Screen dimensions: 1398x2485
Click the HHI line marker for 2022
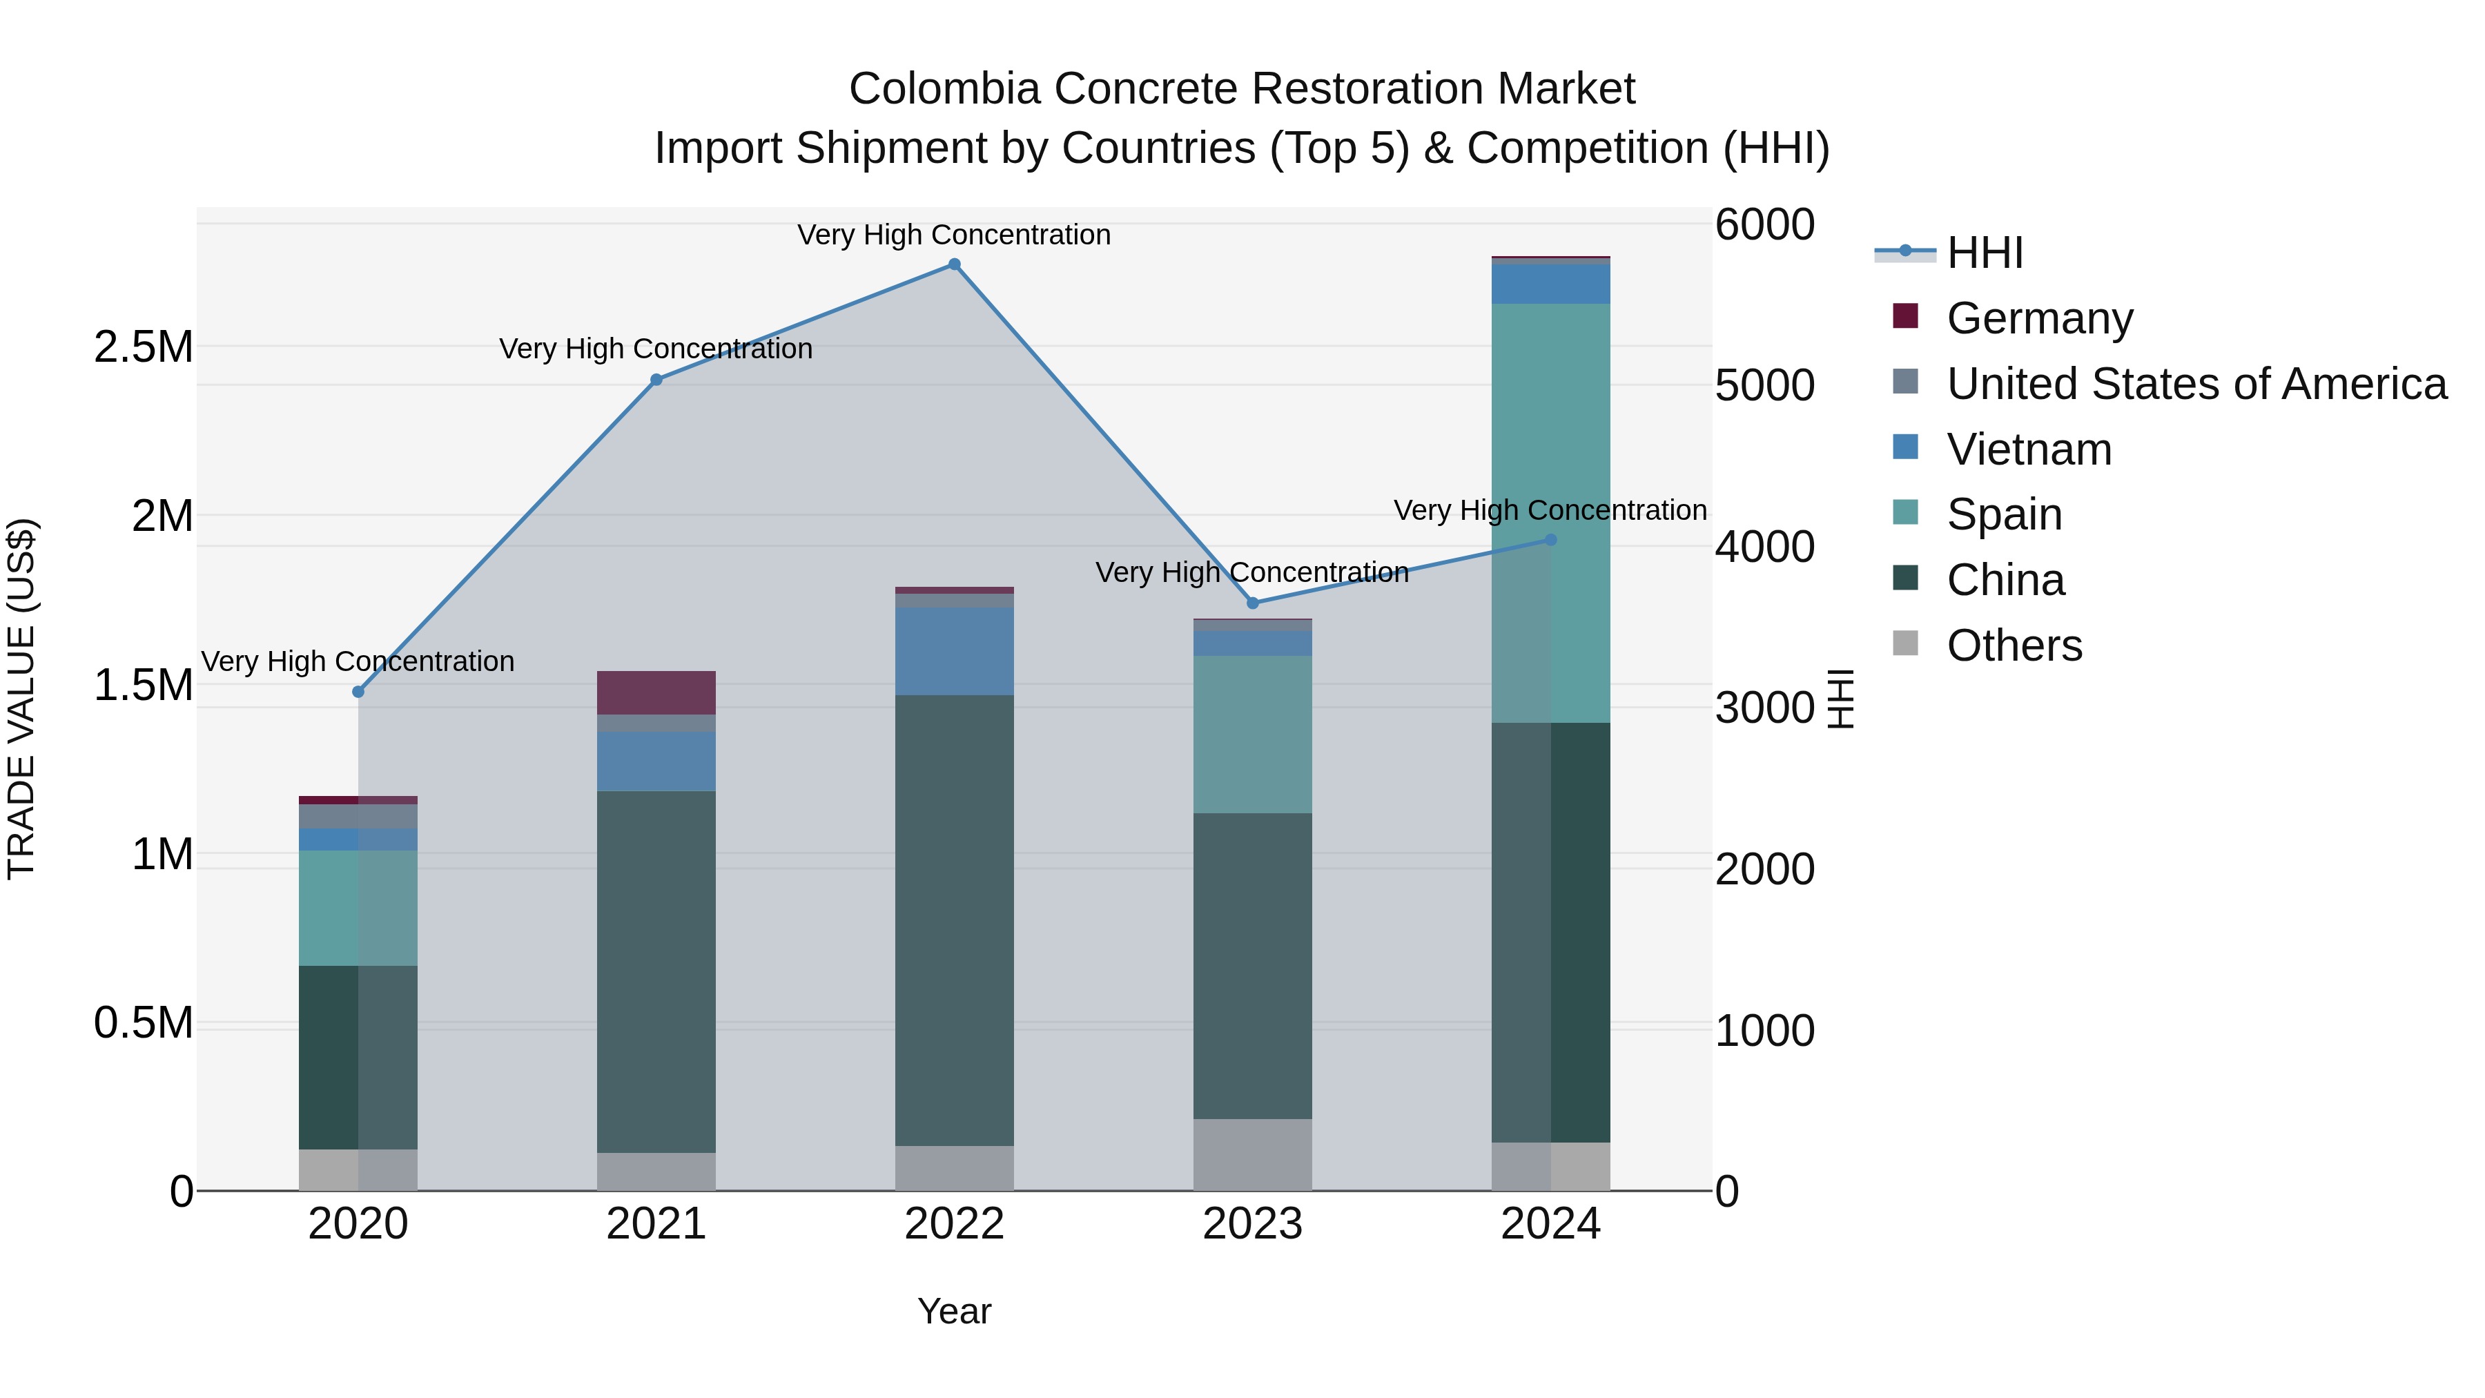pyautogui.click(x=954, y=264)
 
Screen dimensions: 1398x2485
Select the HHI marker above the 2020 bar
pyautogui.click(x=358, y=692)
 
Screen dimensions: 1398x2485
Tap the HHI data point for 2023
pyautogui.click(x=1252, y=603)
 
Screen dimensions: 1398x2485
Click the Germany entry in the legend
pyautogui.click(x=2039, y=318)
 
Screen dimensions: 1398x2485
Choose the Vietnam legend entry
pyautogui.click(x=2029, y=449)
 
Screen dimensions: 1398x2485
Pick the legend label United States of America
pyautogui.click(x=2196, y=383)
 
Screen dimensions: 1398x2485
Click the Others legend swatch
pyautogui.click(x=1905, y=643)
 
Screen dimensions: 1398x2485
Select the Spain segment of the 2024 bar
pyautogui.click(x=1550, y=512)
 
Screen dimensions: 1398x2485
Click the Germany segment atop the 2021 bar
pyautogui.click(x=656, y=692)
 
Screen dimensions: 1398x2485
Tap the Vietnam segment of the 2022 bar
pyautogui.click(x=954, y=650)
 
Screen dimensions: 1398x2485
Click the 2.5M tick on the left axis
pyautogui.click(x=144, y=347)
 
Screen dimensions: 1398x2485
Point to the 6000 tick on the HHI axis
pyautogui.click(x=1764, y=225)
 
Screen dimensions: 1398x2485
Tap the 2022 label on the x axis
pyautogui.click(x=954, y=1224)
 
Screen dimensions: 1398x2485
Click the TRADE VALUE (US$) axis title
pyautogui.click(x=21, y=699)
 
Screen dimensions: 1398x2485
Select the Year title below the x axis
pyautogui.click(x=954, y=1311)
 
